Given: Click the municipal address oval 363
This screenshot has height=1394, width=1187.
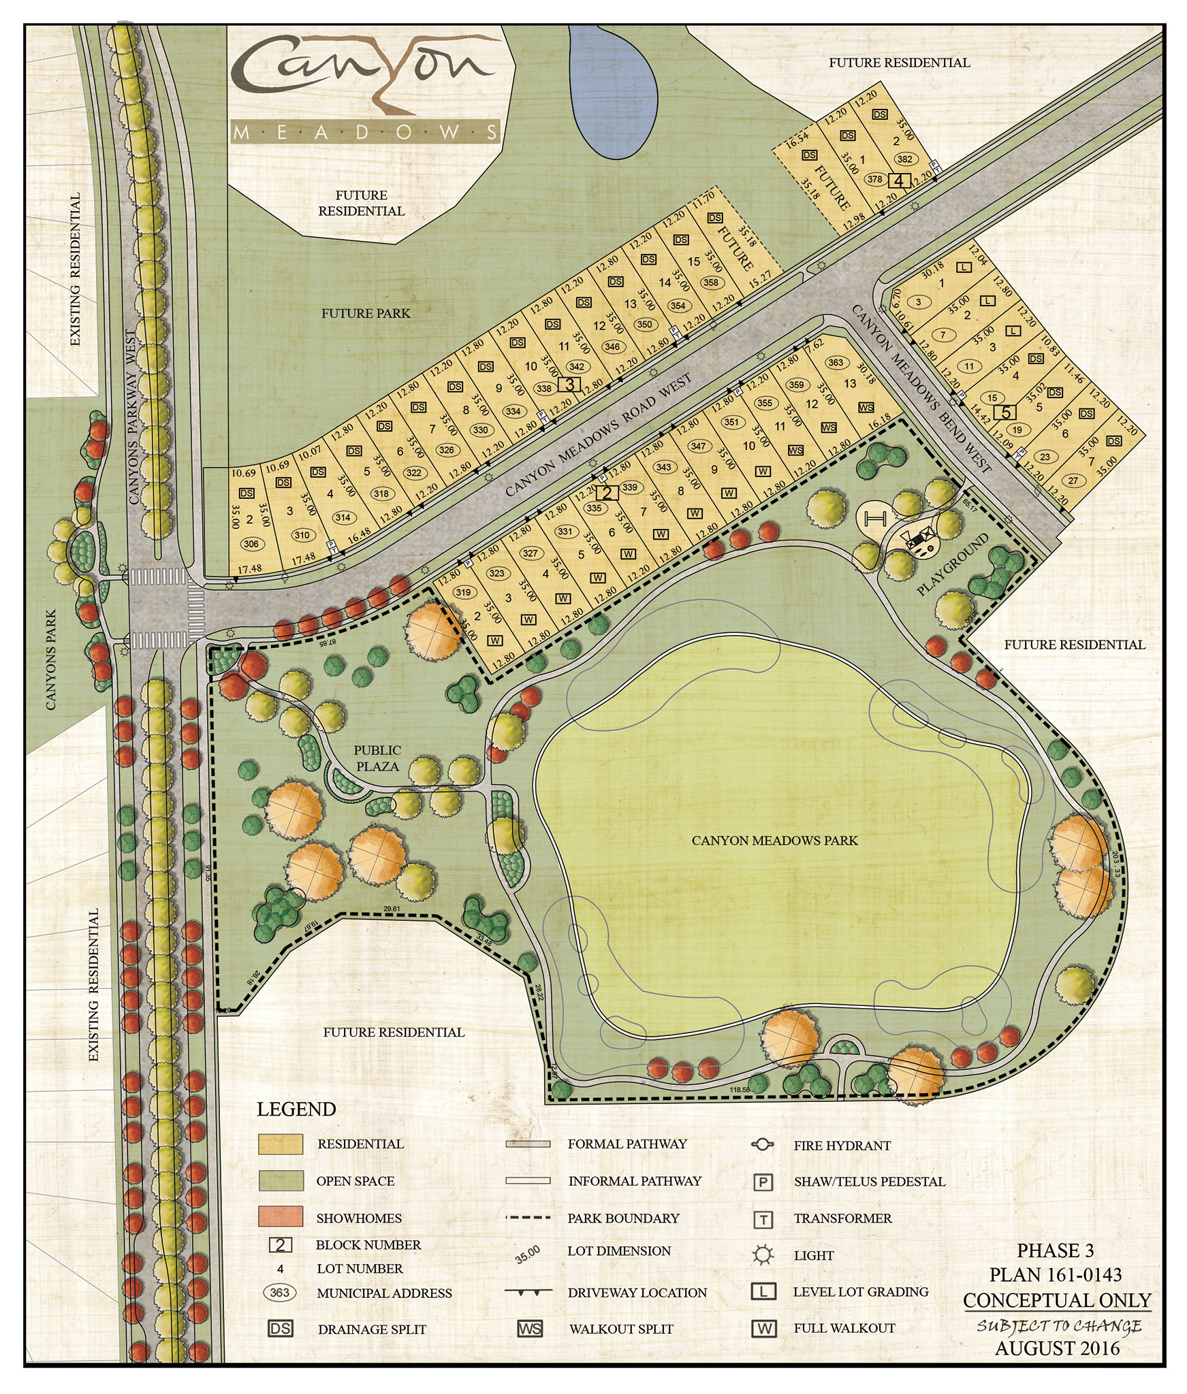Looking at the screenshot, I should click(836, 362).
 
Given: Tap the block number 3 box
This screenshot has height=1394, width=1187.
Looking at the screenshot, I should click(569, 385).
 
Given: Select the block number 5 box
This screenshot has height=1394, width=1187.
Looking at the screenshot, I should click(1007, 412).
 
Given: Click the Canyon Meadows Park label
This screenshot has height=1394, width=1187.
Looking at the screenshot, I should click(774, 841).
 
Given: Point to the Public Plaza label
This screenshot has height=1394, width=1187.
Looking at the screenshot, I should click(377, 758).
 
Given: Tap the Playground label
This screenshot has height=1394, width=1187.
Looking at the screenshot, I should click(951, 565).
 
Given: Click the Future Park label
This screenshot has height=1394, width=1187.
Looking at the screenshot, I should click(366, 314).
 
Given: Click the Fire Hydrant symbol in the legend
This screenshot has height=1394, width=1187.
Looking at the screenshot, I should click(763, 1145).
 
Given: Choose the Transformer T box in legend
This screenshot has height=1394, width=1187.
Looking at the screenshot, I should click(763, 1219).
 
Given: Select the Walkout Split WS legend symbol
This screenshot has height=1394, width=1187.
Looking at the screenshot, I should click(529, 1329).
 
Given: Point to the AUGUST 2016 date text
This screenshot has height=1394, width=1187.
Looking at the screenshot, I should click(1057, 1348).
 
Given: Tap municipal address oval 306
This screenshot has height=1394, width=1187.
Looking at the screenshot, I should click(251, 544).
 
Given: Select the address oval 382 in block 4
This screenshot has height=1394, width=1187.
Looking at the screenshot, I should click(904, 159).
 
